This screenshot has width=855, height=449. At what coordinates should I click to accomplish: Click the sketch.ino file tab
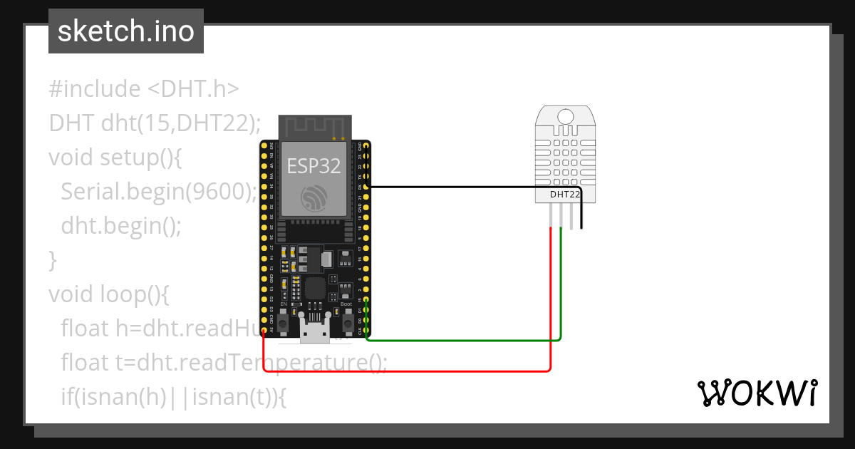pyautogui.click(x=126, y=31)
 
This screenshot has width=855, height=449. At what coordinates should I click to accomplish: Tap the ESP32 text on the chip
pyautogui.click(x=313, y=166)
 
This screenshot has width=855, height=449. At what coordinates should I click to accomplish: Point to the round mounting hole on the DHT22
pyautogui.click(x=566, y=116)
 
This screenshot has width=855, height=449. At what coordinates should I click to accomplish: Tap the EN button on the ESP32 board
pyautogui.click(x=284, y=324)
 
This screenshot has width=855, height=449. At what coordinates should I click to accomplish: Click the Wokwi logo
pyautogui.click(x=757, y=393)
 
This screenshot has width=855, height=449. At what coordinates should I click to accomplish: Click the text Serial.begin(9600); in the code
pyautogui.click(x=158, y=192)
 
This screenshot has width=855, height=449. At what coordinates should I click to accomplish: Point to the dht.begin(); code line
pyautogui.click(x=121, y=227)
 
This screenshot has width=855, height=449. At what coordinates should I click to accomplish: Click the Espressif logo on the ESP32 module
pyautogui.click(x=313, y=197)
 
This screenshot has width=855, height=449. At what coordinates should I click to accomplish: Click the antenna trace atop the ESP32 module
pyautogui.click(x=313, y=127)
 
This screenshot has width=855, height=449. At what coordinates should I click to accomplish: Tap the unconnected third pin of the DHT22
pyautogui.click(x=571, y=215)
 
